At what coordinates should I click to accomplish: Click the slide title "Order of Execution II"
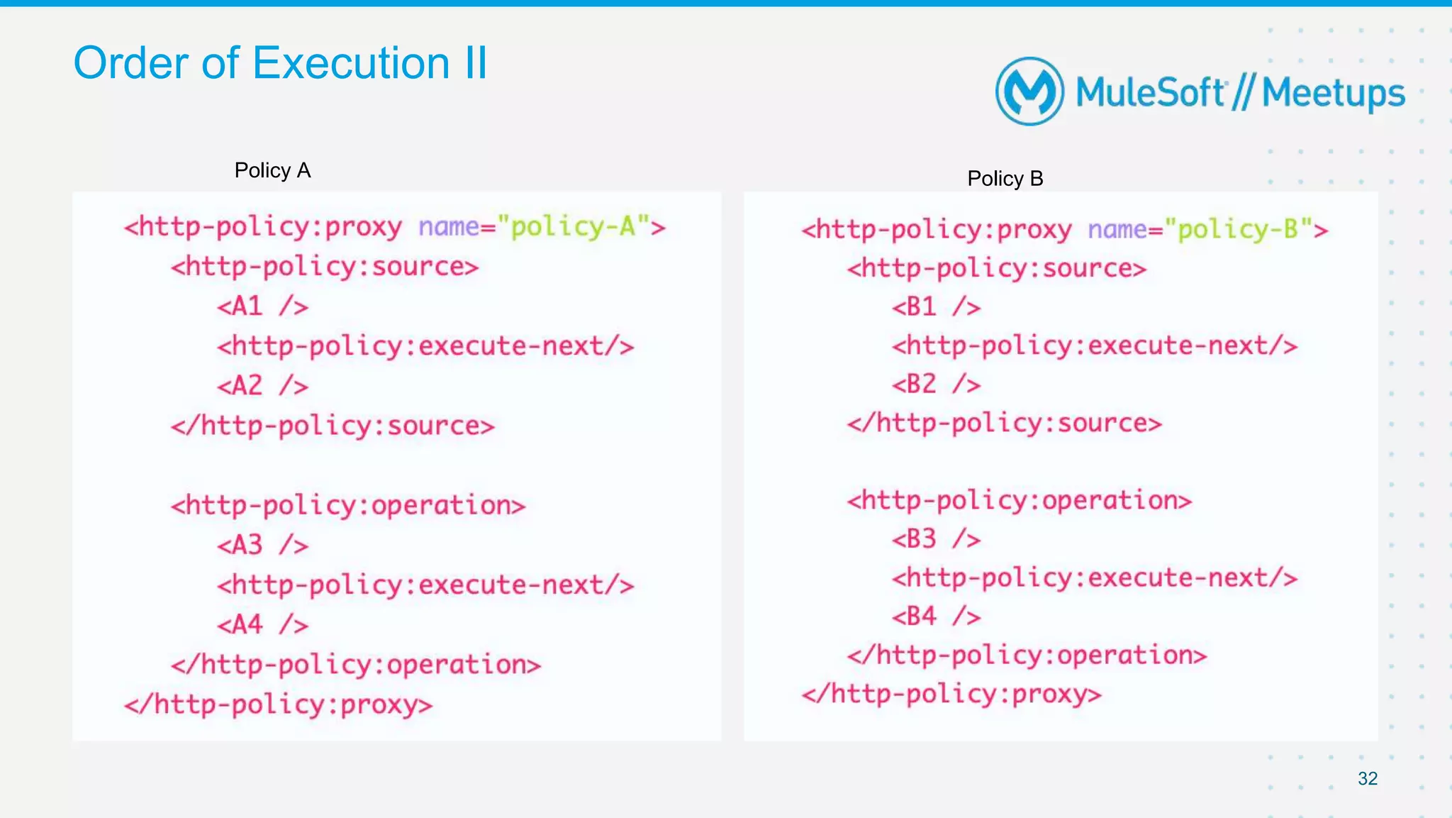click(x=280, y=63)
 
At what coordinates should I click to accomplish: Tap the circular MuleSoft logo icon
click(x=1029, y=92)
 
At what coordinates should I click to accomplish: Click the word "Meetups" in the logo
click(x=1333, y=93)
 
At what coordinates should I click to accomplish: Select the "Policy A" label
click(x=272, y=170)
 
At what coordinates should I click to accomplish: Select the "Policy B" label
click(x=1005, y=178)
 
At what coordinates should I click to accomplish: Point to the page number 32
click(x=1367, y=778)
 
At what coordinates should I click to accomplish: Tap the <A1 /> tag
click(x=262, y=306)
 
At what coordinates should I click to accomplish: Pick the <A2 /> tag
click(x=262, y=386)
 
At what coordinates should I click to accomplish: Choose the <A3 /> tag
click(x=262, y=545)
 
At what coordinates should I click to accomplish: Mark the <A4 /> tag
click(x=262, y=624)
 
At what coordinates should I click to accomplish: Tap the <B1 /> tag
click(x=936, y=306)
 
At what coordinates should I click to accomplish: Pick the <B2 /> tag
click(x=936, y=384)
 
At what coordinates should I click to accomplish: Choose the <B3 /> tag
click(x=936, y=538)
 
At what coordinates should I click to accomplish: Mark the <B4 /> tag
click(x=936, y=616)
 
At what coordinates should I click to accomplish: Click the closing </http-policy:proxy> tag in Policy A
click(x=278, y=704)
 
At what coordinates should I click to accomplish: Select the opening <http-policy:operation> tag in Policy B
click(x=1019, y=500)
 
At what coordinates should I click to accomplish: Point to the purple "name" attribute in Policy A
click(x=449, y=227)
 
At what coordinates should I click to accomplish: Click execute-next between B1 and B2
click(x=1095, y=346)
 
